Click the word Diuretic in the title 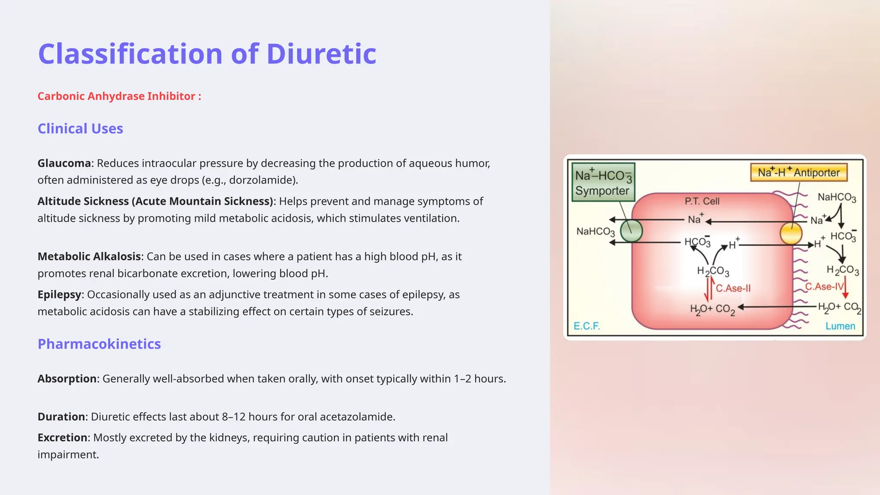(x=321, y=54)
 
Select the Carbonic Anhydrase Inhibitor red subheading (x=119, y=96)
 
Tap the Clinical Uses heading (x=80, y=129)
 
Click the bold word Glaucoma (x=64, y=163)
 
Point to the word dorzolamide (x=261, y=180)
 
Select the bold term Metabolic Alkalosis (x=89, y=257)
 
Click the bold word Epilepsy (x=59, y=295)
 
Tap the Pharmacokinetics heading (x=99, y=344)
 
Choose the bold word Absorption (x=67, y=379)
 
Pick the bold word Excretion (x=62, y=438)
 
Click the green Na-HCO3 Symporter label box (x=603, y=183)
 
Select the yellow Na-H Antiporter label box (x=799, y=172)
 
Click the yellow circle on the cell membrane (x=791, y=234)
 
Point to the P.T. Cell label (x=702, y=201)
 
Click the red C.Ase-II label (x=733, y=288)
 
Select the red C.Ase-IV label (x=824, y=287)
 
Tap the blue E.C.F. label (x=587, y=326)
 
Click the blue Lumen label (x=840, y=326)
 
